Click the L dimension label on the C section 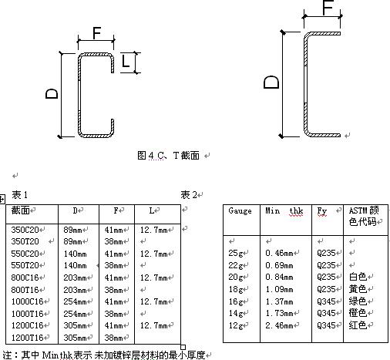126,61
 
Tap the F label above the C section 96,33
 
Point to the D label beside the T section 271,82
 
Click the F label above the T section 328,7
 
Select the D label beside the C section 52,94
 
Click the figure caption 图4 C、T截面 169,156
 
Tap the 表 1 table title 19,195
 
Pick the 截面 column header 21,210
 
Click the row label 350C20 25,230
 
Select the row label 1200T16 28,338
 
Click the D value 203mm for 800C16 75,278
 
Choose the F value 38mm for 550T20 113,265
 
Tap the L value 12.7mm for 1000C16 154,301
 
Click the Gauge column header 240,211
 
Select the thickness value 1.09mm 279,289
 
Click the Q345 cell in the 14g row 326,313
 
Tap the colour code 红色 358,325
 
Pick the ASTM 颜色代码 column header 364,216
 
